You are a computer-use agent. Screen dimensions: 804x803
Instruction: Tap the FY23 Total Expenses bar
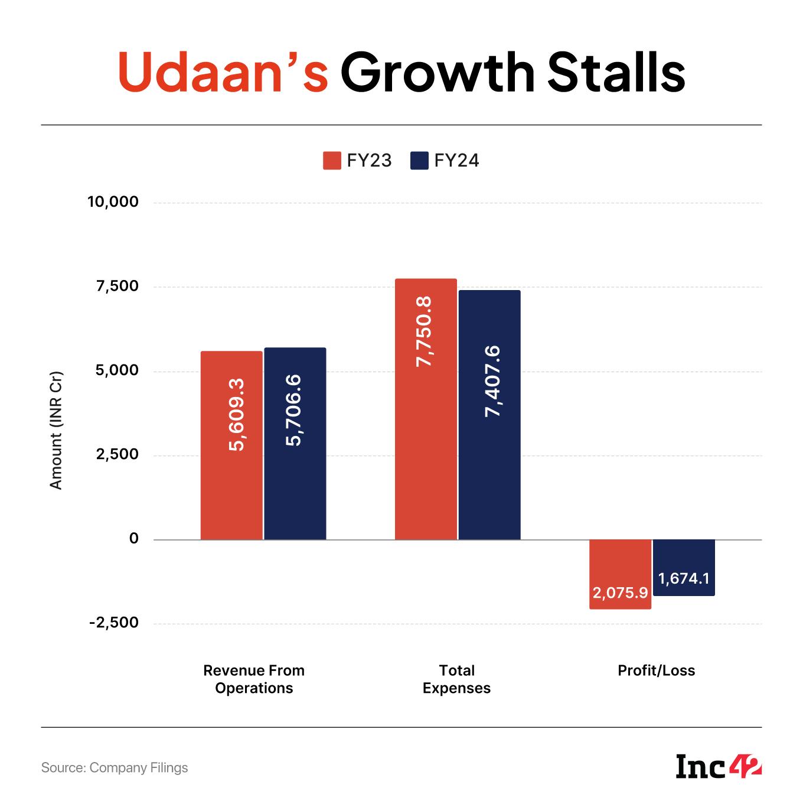(x=426, y=409)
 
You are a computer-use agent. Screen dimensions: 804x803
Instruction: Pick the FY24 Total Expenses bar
(x=489, y=415)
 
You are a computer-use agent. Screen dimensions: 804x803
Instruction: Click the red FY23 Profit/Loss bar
(x=620, y=574)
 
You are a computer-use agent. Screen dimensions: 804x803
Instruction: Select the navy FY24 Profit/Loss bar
(x=684, y=567)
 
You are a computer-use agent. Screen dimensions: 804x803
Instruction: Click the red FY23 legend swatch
(x=332, y=161)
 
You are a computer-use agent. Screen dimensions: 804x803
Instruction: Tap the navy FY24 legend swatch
(x=419, y=161)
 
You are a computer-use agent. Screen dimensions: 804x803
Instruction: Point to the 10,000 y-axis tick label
(x=113, y=202)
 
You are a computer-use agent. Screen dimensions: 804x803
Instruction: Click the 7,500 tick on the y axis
(x=117, y=287)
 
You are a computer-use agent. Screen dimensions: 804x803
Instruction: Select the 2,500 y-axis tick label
(x=117, y=454)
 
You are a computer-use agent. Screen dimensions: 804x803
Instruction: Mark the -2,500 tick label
(x=114, y=623)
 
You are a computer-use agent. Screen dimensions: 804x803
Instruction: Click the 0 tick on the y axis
(x=134, y=538)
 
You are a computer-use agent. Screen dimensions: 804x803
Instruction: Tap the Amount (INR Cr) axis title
(x=56, y=430)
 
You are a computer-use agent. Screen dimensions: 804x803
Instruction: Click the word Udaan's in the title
(x=223, y=73)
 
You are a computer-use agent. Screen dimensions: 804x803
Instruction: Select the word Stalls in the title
(x=616, y=73)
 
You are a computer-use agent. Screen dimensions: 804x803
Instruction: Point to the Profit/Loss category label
(x=656, y=670)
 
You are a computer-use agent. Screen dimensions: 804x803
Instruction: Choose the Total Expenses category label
(x=456, y=679)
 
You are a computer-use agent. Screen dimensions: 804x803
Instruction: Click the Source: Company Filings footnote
(x=115, y=767)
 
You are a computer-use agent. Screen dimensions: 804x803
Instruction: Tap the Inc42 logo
(x=719, y=767)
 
